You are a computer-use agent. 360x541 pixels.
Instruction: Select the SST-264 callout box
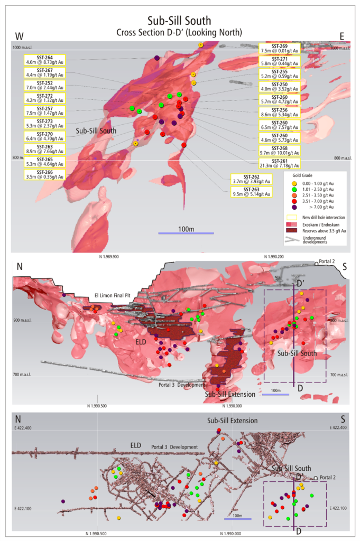(x=44, y=60)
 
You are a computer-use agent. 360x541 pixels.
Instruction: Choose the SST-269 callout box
(x=280, y=48)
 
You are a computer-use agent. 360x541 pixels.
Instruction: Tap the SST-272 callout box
(x=44, y=98)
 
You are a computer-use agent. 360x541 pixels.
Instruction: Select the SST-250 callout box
(x=280, y=86)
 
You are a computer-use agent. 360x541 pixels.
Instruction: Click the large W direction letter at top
(x=21, y=36)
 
